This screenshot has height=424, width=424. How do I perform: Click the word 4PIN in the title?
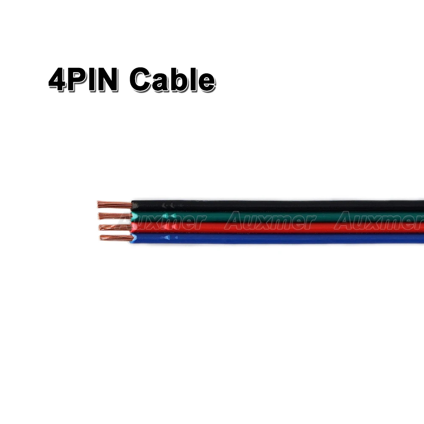[x=83, y=79]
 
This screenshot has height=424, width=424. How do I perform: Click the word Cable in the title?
[x=172, y=79]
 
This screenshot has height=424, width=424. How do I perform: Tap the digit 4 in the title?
[x=58, y=80]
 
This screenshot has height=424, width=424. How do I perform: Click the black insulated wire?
[x=276, y=206]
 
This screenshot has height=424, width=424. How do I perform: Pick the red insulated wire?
[x=276, y=228]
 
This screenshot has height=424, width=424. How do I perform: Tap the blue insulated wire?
[x=276, y=238]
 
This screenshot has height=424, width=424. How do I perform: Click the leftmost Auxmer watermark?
[x=139, y=221]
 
